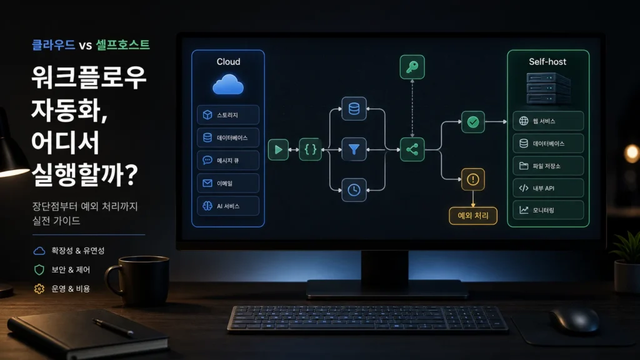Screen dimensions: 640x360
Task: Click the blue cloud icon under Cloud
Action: pos(228,84)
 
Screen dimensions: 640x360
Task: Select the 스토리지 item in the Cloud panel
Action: pos(228,115)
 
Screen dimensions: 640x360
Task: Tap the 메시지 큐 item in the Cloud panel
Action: pos(228,161)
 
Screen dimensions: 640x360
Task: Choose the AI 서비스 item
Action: pos(228,206)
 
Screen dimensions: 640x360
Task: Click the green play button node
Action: pos(278,150)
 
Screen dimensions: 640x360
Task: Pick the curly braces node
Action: pos(310,149)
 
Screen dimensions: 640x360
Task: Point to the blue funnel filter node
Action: pos(354,149)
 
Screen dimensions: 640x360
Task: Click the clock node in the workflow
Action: pos(354,190)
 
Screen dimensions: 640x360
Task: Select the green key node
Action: pos(412,67)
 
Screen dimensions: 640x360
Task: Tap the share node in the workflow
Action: pos(412,149)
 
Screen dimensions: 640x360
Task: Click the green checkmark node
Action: pos(473,122)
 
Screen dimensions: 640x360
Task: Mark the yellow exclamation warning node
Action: pos(473,179)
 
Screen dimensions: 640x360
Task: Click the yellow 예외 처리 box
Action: pos(473,216)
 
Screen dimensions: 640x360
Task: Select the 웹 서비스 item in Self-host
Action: pos(548,121)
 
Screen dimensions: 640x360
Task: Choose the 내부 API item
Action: pos(548,188)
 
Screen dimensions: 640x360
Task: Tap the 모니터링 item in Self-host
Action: pos(548,210)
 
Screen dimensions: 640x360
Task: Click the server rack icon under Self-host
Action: pos(548,88)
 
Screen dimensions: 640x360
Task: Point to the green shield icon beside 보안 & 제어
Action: pos(39,270)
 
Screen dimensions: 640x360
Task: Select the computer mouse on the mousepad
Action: pos(575,321)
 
